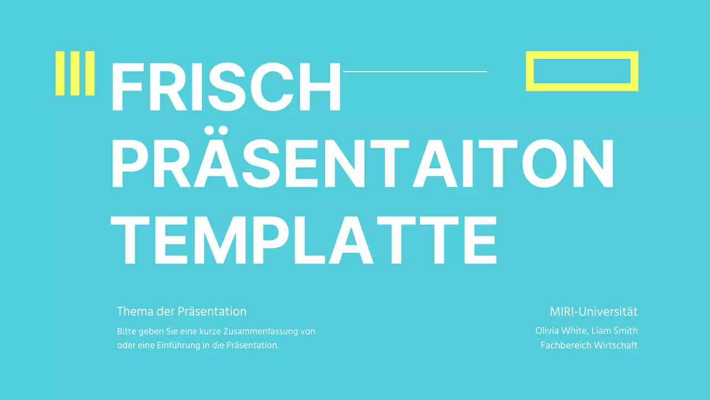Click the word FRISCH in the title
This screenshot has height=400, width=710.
[x=226, y=88]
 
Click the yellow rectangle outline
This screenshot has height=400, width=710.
[x=582, y=55]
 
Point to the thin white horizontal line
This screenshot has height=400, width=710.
[x=415, y=72]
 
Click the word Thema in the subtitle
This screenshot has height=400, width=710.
[x=133, y=311]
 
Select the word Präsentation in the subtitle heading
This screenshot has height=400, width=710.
[x=212, y=311]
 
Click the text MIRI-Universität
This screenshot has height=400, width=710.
[x=594, y=311]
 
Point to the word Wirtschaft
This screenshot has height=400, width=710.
[x=616, y=345]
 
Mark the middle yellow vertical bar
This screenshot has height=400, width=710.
[x=75, y=73]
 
